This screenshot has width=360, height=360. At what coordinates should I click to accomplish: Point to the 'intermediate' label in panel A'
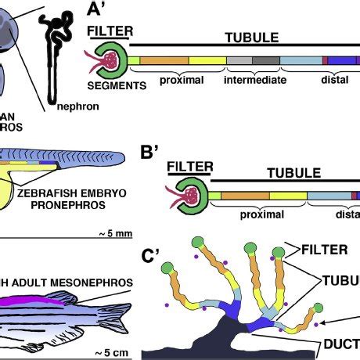click(x=255, y=79)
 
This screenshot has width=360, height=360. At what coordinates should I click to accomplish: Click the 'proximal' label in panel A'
click(x=181, y=79)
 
